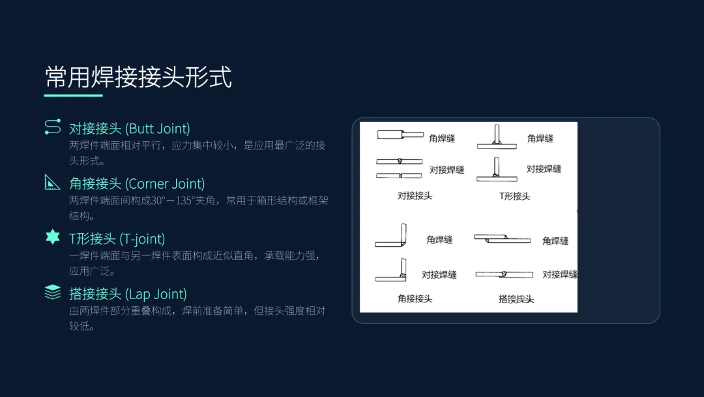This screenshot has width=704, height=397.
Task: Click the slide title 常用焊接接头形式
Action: (x=138, y=77)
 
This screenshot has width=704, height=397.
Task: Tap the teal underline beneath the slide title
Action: (x=73, y=95)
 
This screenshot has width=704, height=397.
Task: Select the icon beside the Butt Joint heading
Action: (x=52, y=127)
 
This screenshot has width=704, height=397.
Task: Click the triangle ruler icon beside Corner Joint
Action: (x=52, y=183)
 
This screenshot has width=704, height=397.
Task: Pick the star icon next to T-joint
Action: (x=52, y=238)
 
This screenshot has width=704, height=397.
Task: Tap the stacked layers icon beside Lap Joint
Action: (x=52, y=293)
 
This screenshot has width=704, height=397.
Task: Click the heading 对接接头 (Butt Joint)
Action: (x=129, y=128)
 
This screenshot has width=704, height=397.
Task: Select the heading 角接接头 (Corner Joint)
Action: (x=137, y=183)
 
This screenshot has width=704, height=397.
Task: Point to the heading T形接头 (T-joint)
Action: (x=117, y=238)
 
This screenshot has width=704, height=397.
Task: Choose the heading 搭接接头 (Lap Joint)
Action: (x=128, y=294)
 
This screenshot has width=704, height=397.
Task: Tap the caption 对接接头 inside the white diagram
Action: (x=415, y=195)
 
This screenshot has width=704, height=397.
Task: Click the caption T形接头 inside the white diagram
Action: (x=515, y=196)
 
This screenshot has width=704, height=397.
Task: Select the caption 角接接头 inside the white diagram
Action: (x=415, y=298)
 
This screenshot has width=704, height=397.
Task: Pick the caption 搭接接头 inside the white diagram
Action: (x=516, y=298)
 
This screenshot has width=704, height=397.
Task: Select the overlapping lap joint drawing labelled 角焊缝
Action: (x=502, y=240)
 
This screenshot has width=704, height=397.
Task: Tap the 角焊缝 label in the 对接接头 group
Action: (x=442, y=138)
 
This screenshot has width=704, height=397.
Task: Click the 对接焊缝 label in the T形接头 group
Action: (x=544, y=169)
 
